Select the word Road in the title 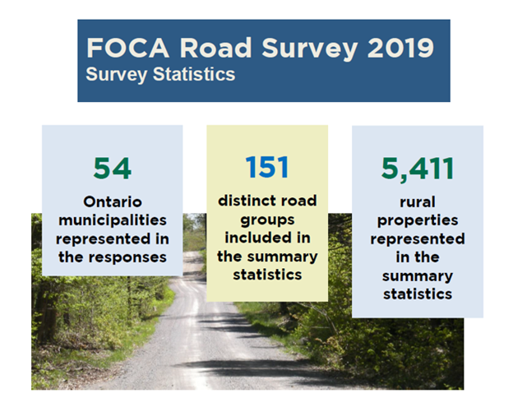click(x=208, y=47)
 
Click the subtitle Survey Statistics click(x=160, y=74)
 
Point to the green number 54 click(x=112, y=168)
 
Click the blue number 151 click(x=266, y=167)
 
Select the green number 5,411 click(x=417, y=168)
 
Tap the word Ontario click(x=113, y=201)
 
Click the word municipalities click(x=113, y=220)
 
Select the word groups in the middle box click(x=266, y=220)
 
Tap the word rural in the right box click(x=417, y=201)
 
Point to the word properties click(x=417, y=220)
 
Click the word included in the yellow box click(x=258, y=238)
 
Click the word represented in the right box click(x=417, y=238)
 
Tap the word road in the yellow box click(x=301, y=201)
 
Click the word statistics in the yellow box click(x=266, y=275)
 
